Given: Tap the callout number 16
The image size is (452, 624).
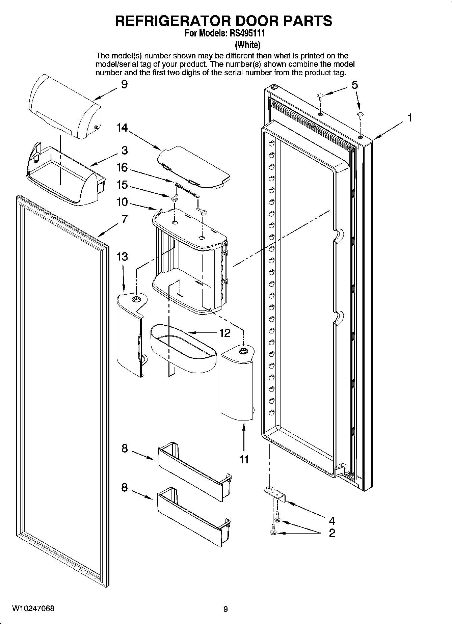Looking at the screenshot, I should (122, 167).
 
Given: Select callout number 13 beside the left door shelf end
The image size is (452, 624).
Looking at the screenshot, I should (122, 257).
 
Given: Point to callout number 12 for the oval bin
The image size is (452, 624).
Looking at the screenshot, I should (224, 333).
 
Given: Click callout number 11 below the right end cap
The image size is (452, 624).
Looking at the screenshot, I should (244, 459).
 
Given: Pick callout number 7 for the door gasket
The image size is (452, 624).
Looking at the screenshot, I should (125, 219).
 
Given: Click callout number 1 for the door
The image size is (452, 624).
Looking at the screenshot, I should (409, 118).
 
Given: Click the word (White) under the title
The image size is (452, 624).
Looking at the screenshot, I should (247, 45).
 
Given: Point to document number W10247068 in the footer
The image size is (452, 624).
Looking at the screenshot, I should (33, 608).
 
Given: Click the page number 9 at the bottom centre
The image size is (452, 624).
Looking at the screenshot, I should (225, 609).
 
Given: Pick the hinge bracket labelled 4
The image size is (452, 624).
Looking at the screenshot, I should (275, 494).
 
